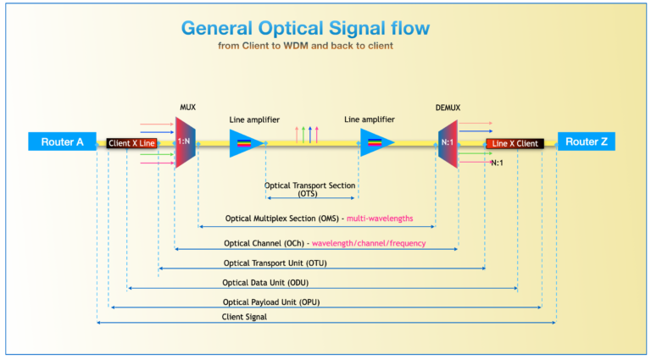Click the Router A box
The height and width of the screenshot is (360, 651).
pyautogui.click(x=62, y=141)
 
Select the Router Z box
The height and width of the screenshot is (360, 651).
pyautogui.click(x=587, y=141)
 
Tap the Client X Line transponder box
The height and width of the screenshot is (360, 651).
pyautogui.click(x=131, y=143)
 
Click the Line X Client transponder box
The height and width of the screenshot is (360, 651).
pyautogui.click(x=515, y=143)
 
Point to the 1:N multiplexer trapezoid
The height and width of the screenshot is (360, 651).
pyautogui.click(x=185, y=142)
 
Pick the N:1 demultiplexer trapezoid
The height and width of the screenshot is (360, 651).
pyautogui.click(x=448, y=143)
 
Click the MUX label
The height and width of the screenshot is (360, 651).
pyautogui.click(x=187, y=108)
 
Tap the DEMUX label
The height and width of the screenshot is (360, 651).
pyautogui.click(x=448, y=108)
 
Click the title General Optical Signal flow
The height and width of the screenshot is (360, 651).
pyautogui.click(x=305, y=28)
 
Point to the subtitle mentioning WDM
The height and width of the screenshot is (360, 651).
pyautogui.click(x=305, y=46)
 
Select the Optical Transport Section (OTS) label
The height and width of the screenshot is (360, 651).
pyautogui.click(x=309, y=189)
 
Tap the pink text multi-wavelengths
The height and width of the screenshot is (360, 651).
pyautogui.click(x=380, y=219)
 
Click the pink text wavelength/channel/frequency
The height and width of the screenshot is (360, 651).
pyautogui.click(x=369, y=243)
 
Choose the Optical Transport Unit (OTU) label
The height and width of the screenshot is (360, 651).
pyautogui.click(x=275, y=263)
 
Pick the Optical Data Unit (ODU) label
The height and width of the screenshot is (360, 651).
pyautogui.click(x=265, y=283)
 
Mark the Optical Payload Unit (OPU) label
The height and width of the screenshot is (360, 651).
pyautogui.click(x=271, y=302)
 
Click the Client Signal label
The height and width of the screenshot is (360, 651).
pyautogui.click(x=244, y=317)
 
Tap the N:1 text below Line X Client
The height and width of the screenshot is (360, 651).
pyautogui.click(x=497, y=163)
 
